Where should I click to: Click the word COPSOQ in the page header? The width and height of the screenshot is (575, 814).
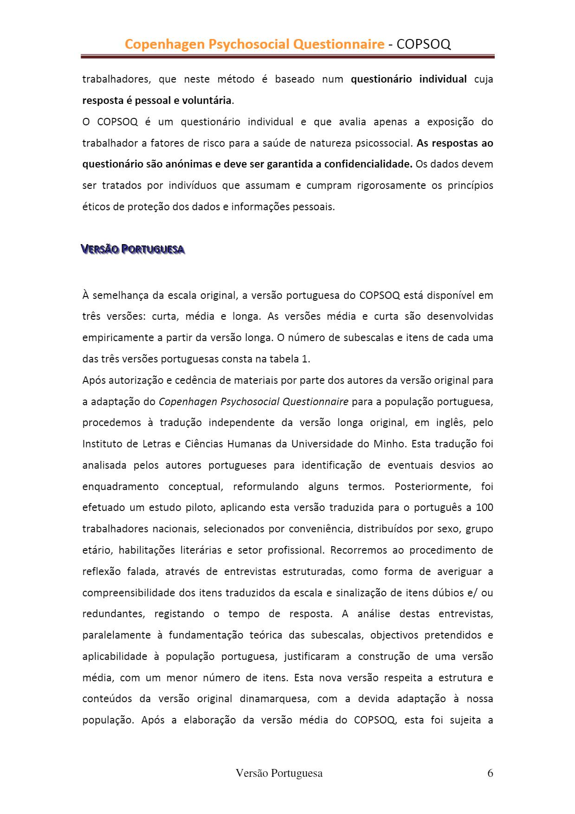424,44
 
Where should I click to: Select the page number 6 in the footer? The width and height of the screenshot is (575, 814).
490,773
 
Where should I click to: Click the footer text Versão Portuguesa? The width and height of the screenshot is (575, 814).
279,773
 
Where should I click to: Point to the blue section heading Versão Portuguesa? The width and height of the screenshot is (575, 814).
133,250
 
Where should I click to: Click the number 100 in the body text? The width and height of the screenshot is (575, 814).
485,507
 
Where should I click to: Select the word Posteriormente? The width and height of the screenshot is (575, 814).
433,487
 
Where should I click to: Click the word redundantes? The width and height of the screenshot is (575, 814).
111,614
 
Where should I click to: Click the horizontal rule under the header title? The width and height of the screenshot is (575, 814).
287,57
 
